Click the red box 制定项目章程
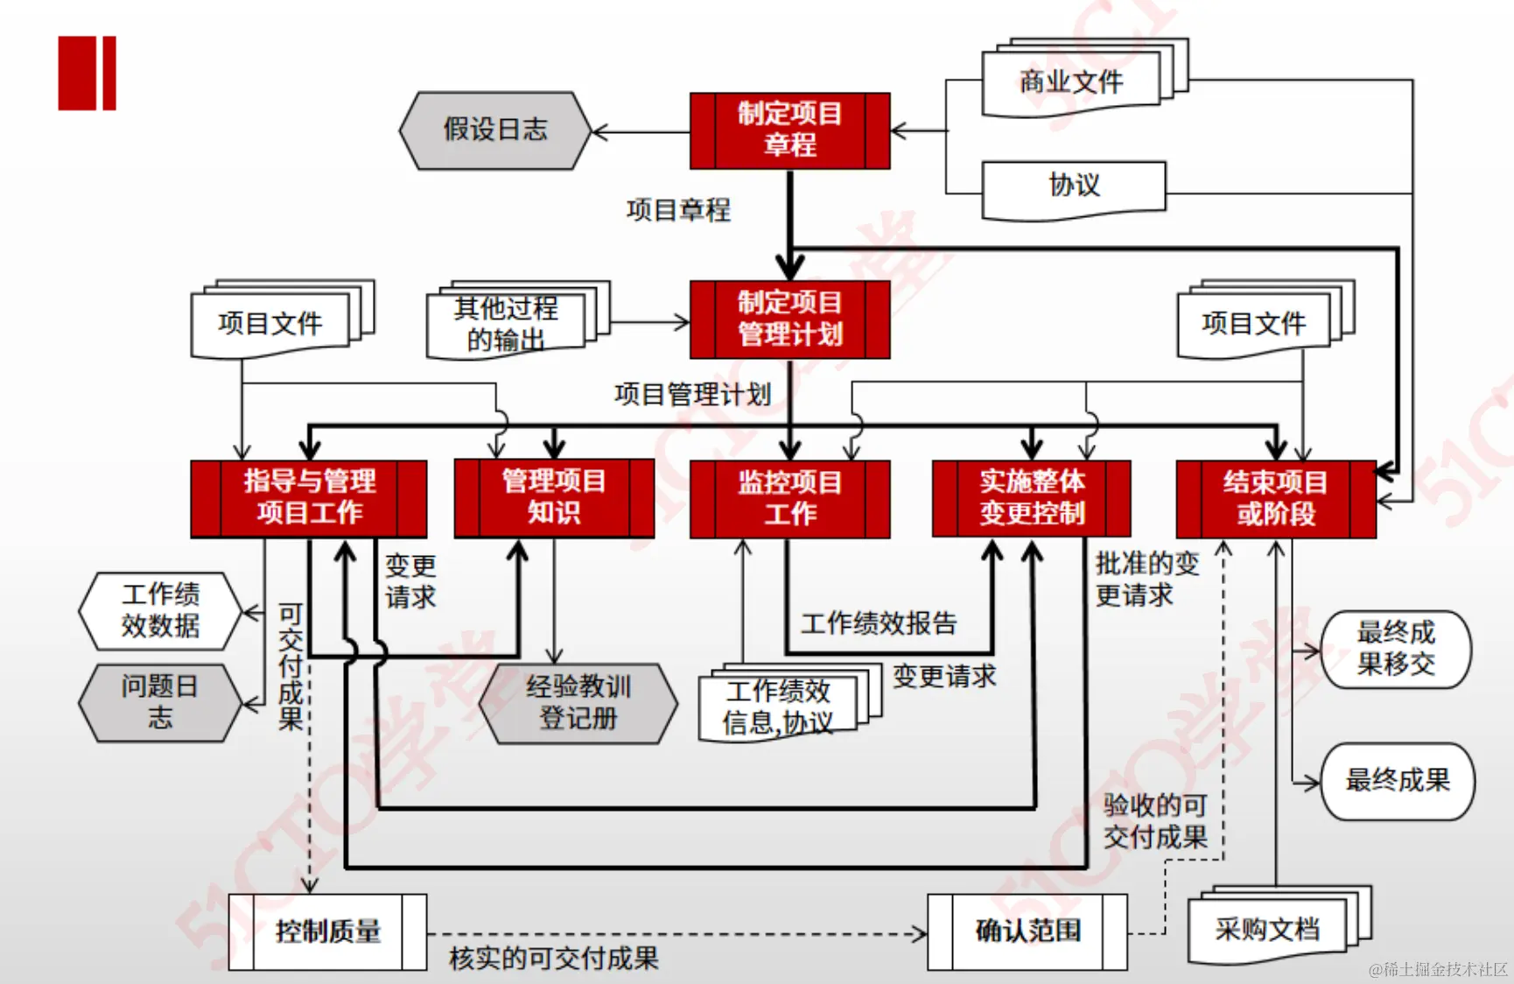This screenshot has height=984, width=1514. tap(789, 130)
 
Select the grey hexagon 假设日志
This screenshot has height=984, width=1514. tap(495, 130)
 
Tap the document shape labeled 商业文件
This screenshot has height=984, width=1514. tap(1072, 81)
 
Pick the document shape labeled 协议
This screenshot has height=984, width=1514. tap(1074, 186)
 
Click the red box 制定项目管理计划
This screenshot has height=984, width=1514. tap(789, 319)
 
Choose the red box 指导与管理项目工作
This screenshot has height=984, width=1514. tap(309, 497)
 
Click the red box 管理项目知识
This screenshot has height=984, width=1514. tap(554, 497)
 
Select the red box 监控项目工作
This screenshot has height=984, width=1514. tap(789, 498)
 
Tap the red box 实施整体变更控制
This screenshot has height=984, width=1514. tap(1032, 498)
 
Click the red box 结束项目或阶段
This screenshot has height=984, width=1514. tap(1275, 498)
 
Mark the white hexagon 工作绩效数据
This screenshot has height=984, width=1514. tap(160, 610)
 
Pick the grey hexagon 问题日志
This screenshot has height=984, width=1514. tap(159, 702)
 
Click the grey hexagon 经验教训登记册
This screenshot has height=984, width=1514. tap(578, 703)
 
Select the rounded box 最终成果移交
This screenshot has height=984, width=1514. tap(1396, 649)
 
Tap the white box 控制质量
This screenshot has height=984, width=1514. tap(328, 931)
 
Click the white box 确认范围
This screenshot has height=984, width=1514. tap(1027, 931)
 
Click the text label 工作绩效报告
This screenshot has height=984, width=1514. tap(879, 623)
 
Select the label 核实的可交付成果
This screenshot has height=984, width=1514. tap(554, 959)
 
